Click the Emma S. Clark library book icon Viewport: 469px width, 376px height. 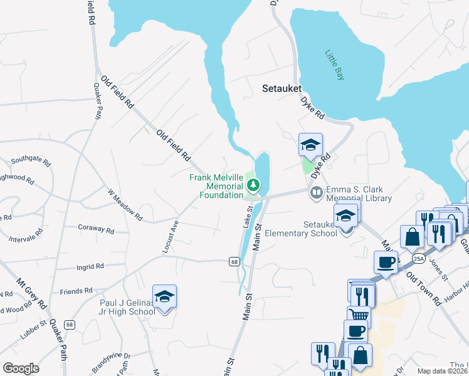317,191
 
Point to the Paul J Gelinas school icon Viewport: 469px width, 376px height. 164,296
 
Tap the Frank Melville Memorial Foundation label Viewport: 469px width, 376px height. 216,186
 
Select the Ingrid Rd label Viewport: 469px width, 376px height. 90,267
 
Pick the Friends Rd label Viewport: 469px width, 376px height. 76,291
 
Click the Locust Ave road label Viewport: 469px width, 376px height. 171,236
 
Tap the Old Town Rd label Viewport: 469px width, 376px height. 423,288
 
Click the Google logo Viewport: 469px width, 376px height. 21,368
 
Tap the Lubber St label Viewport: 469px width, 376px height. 33,332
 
